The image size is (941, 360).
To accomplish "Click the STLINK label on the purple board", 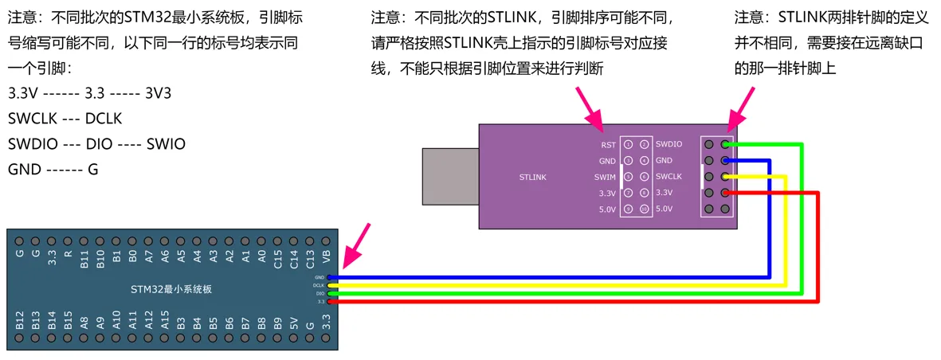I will point(533,177).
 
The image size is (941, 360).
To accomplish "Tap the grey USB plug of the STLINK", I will point(449,176).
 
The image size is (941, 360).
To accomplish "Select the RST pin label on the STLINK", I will point(608,145).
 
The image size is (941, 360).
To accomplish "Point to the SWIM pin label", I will point(605,177).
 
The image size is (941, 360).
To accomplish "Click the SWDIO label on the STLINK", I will point(669,145).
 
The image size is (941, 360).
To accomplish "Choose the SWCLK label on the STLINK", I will point(669,177).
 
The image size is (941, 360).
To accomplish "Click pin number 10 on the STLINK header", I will point(644,209).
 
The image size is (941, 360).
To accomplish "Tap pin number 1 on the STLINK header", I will point(628,145).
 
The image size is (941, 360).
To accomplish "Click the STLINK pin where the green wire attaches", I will point(725,144).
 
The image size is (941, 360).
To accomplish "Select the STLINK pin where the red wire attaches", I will point(725,193).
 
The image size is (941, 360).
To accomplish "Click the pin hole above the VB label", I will point(326,240).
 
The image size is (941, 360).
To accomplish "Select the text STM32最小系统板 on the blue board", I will point(171,288).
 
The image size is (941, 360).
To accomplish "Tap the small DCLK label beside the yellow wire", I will point(319,285).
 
